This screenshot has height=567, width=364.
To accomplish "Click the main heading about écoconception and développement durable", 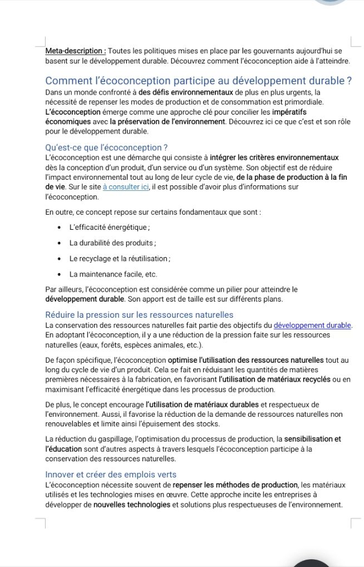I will tap(198, 81).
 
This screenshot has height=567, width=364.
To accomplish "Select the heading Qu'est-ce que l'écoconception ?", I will tap(106, 147).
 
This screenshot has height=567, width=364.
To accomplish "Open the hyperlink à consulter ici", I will tap(126, 187).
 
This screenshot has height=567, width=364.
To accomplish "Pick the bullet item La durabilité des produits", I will tap(112, 243).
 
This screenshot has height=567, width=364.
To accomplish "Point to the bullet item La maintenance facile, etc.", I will tap(113, 274).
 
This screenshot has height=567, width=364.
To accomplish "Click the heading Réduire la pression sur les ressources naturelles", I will tap(139, 315).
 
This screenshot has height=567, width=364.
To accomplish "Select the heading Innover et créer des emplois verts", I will tap(111, 475).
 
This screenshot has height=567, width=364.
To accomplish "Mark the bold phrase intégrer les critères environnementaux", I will tap(274, 158).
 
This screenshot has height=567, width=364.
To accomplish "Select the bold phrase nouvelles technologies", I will tap(131, 505).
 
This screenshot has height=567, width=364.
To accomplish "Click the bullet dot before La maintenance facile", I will tap(59, 274).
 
